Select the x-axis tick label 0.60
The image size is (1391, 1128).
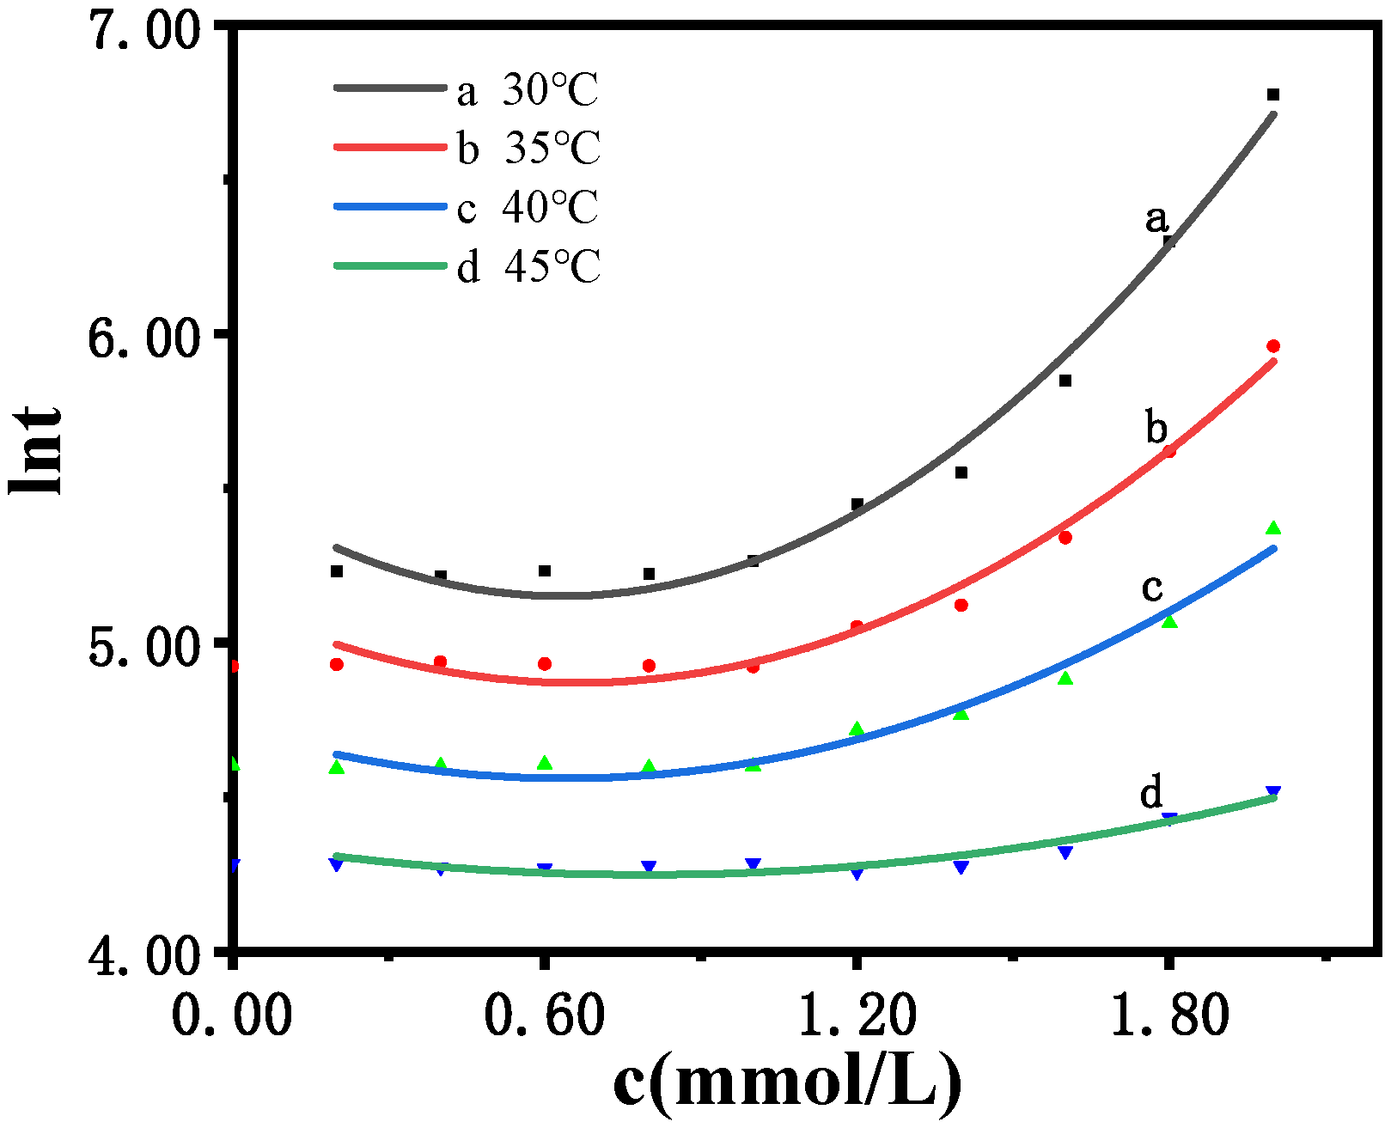coord(545,1016)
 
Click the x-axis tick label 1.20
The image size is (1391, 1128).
coord(857,1016)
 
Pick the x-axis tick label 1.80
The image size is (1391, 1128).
coord(1169,1016)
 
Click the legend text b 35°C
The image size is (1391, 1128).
coord(528,149)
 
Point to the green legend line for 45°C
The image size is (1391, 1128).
coord(391,266)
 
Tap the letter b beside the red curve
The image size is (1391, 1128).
coord(1156,427)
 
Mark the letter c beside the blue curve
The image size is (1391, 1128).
coord(1152,588)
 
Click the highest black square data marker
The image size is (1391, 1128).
coord(1273,95)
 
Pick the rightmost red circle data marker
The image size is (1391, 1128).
coord(1273,346)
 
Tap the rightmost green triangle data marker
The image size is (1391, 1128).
coord(1273,527)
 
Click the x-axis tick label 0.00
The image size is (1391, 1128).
coord(232,1016)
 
